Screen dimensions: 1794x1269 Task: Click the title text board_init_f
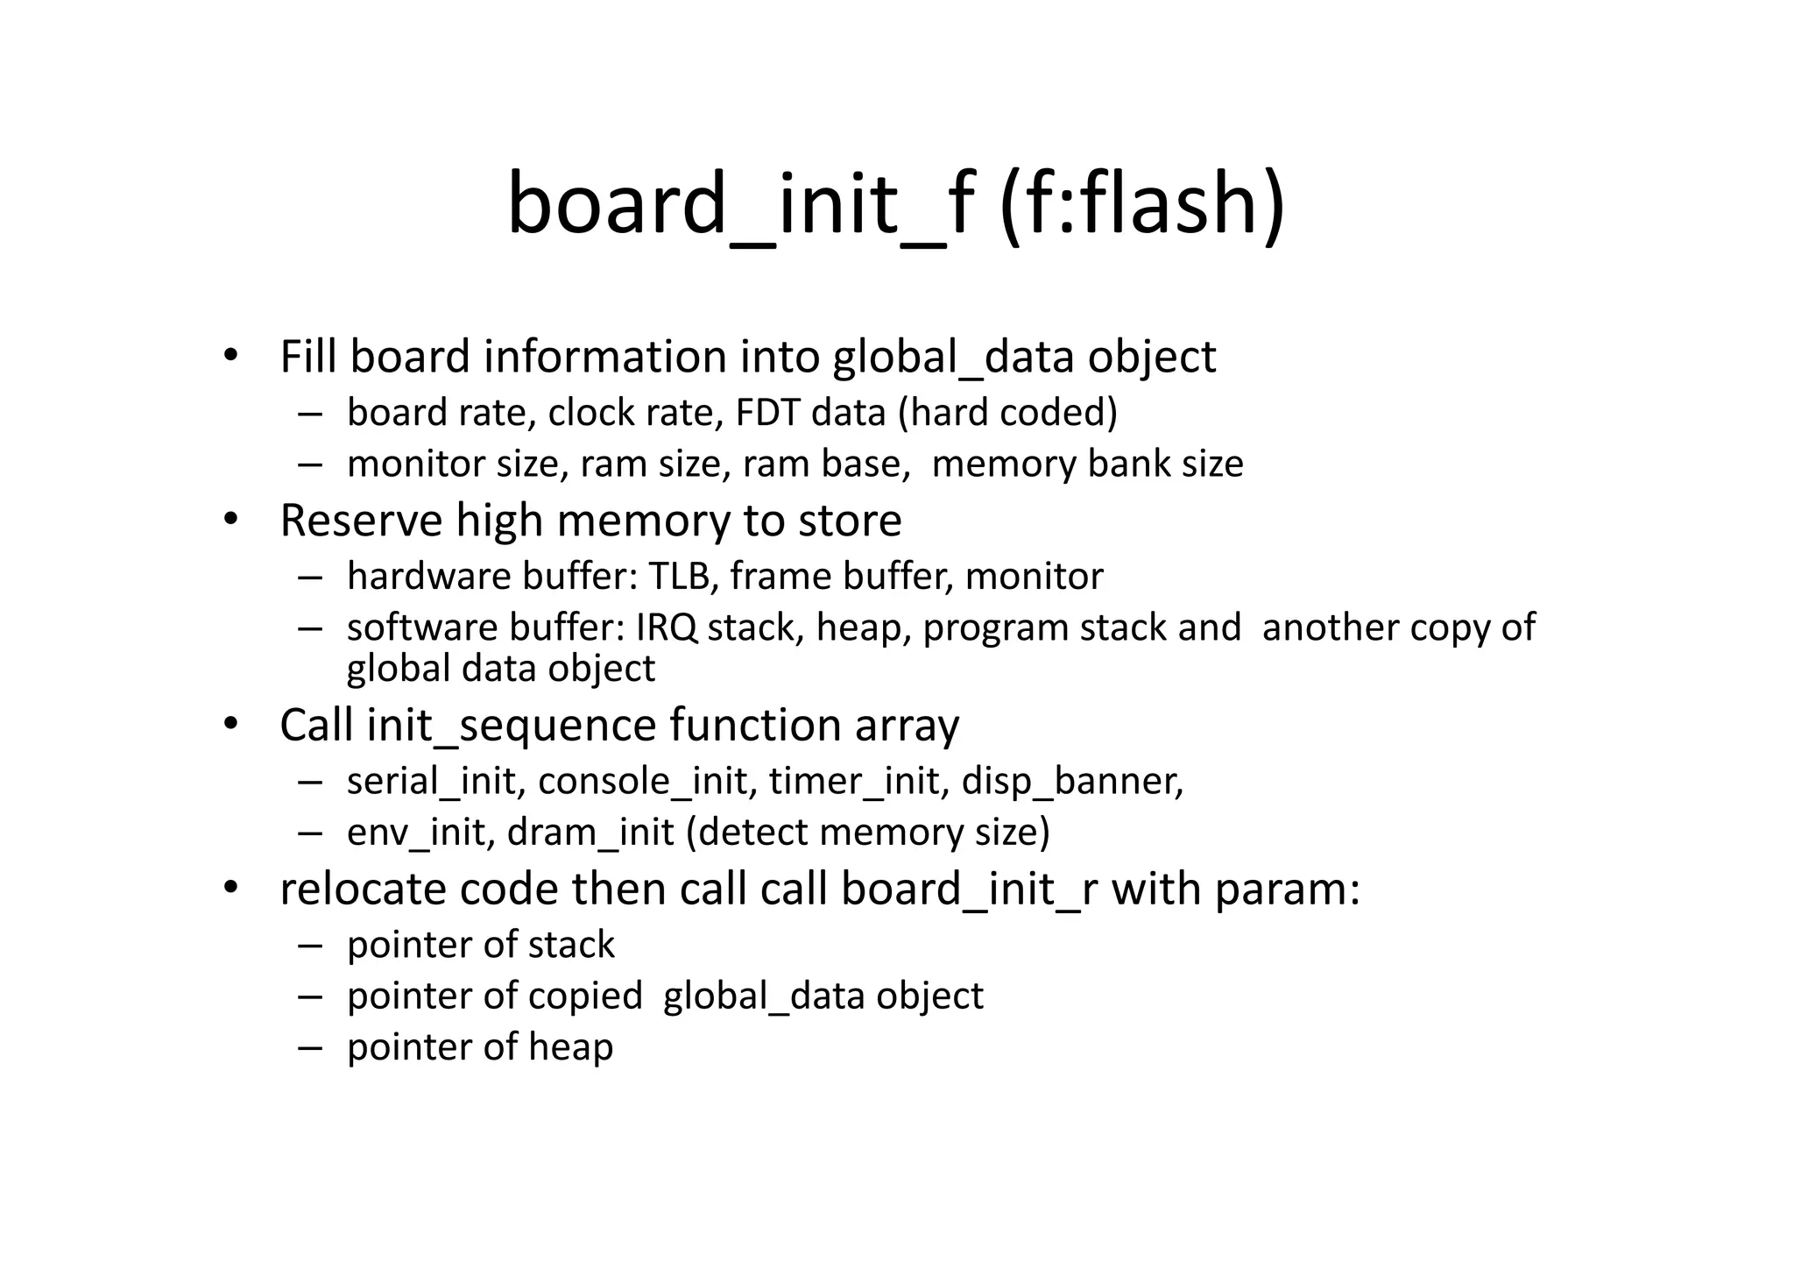[x=740, y=204]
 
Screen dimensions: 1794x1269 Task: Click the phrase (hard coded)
[x=1008, y=413]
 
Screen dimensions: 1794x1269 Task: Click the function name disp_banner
[x=1071, y=781]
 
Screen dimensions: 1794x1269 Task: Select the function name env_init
[x=416, y=833]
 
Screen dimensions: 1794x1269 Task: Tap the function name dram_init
[x=590, y=833]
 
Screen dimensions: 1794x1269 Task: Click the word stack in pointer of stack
[x=573, y=945]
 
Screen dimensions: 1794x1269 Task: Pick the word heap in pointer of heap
[x=571, y=1047]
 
